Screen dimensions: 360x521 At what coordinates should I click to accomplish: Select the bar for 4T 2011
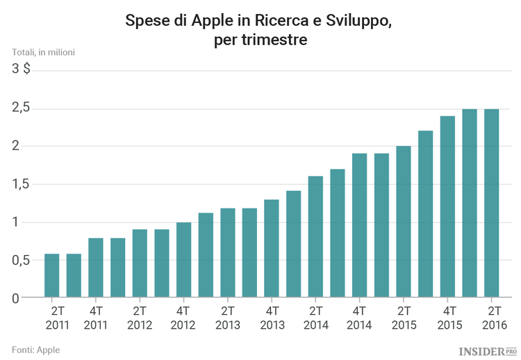[96, 268]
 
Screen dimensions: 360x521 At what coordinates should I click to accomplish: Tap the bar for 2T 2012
[140, 263]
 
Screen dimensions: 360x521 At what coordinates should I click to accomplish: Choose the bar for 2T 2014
[315, 237]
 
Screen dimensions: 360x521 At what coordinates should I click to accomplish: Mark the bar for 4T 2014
[359, 226]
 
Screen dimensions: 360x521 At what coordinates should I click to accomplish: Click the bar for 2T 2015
[404, 222]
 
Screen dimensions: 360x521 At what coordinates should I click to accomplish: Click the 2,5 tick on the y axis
[21, 108]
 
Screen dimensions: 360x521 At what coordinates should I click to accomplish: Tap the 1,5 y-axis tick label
[21, 184]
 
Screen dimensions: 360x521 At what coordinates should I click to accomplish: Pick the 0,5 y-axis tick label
[21, 260]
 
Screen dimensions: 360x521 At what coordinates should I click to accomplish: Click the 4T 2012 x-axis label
[183, 317]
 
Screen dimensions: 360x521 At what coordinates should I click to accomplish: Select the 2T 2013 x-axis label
[228, 317]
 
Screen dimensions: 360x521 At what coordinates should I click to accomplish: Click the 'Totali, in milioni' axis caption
[43, 52]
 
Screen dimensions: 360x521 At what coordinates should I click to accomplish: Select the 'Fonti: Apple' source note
[36, 349]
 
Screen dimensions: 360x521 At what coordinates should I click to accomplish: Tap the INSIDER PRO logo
[488, 351]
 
